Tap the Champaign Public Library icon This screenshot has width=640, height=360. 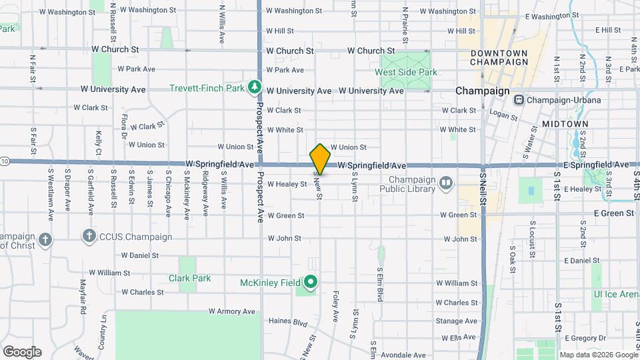(446, 182)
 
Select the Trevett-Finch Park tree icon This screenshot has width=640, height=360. (254, 87)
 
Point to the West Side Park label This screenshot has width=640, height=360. (405, 72)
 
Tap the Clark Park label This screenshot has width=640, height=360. (189, 278)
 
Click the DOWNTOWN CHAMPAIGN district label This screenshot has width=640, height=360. (499, 57)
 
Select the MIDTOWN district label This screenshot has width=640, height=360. (565, 124)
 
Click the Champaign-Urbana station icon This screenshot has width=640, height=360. (519, 100)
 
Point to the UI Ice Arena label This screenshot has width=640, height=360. (616, 294)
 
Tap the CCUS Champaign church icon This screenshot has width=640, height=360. (88, 236)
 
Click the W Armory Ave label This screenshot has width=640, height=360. (231, 311)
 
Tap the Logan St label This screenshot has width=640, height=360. (504, 115)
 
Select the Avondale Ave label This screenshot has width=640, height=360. (403, 355)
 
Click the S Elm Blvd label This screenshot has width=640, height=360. (379, 284)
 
